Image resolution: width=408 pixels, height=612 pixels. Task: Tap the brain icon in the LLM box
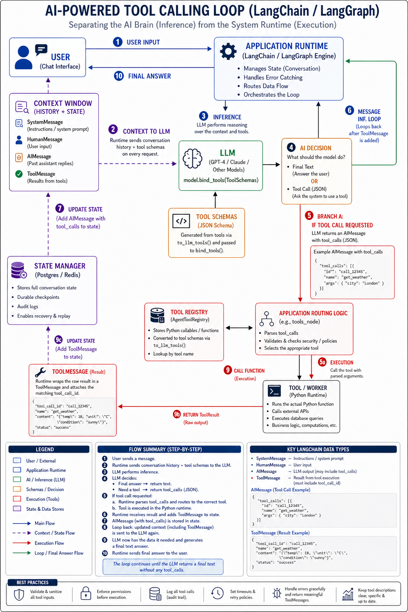[x=192, y=159]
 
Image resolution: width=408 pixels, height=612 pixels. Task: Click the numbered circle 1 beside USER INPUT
[x=118, y=42]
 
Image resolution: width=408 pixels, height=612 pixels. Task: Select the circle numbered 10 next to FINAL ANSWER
[x=119, y=76]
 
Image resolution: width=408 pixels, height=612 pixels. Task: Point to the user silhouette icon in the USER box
[x=23, y=57]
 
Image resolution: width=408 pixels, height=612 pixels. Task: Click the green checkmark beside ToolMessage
[x=19, y=174]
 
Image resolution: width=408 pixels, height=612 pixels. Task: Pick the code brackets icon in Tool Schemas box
[x=181, y=221]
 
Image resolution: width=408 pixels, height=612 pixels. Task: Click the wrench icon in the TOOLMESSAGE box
[x=41, y=372]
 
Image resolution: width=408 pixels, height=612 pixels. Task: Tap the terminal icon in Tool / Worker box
[x=275, y=391]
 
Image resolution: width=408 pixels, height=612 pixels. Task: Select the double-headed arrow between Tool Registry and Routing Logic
[x=239, y=328]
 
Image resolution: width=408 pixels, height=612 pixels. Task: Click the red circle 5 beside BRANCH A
[x=309, y=215]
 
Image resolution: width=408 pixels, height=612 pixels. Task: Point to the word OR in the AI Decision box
[x=314, y=181]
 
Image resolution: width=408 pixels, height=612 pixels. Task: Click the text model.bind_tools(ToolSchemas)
[x=221, y=180]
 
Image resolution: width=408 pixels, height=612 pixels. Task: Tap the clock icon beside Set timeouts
[x=217, y=593]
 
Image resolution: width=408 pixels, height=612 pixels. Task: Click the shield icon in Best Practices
[x=19, y=594]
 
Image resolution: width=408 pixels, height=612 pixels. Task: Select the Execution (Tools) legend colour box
[x=17, y=498]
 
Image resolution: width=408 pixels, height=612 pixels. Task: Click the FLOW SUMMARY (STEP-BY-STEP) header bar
[x=169, y=449]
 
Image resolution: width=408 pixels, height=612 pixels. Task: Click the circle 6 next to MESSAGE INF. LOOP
[x=349, y=110]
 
